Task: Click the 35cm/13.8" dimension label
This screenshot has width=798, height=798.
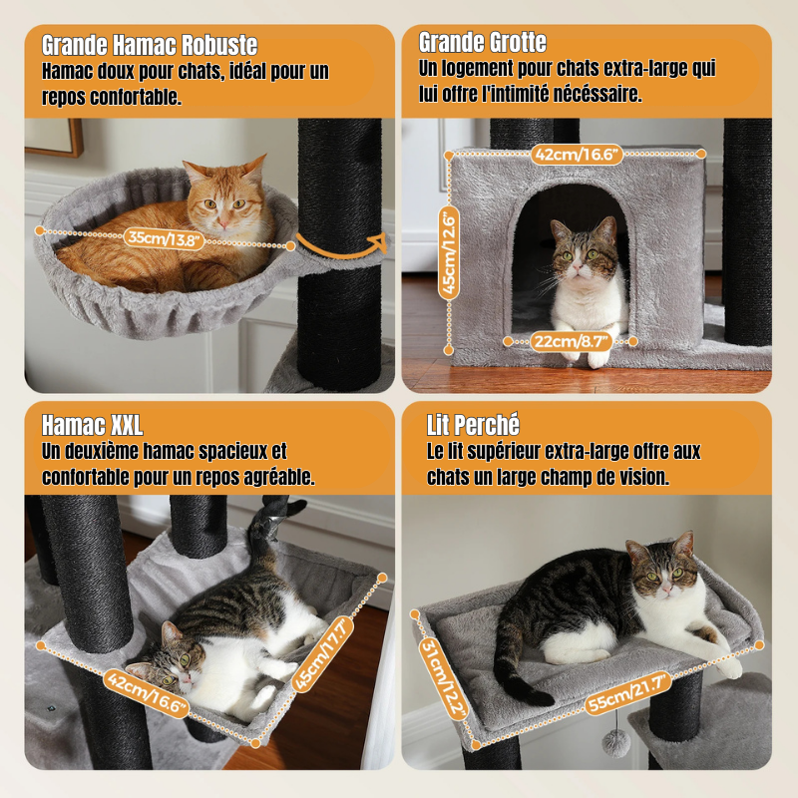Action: pyautogui.click(x=164, y=238)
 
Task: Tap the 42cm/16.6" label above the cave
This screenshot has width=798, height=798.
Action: pyautogui.click(x=577, y=154)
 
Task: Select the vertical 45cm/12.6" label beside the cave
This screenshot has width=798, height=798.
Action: pyautogui.click(x=450, y=253)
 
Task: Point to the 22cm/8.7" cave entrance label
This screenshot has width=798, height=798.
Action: pyautogui.click(x=571, y=341)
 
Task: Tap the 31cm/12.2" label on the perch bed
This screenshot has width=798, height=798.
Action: pyautogui.click(x=443, y=679)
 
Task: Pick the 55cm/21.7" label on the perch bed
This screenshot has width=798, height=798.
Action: pyautogui.click(x=628, y=693)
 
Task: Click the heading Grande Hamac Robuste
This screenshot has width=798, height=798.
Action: pyautogui.click(x=150, y=45)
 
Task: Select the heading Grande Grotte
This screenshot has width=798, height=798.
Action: pyautogui.click(x=483, y=42)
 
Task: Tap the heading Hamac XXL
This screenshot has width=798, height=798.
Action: pyautogui.click(x=92, y=425)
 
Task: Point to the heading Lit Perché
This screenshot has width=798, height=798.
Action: pyautogui.click(x=473, y=425)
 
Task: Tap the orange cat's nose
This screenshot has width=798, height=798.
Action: pyautogui.click(x=223, y=221)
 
